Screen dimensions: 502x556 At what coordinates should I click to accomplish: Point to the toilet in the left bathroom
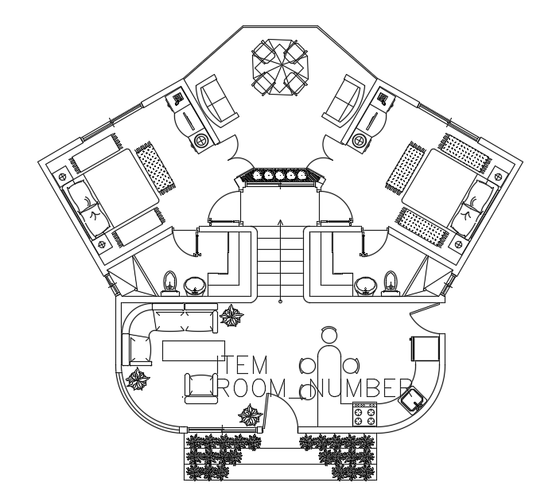coord(169,282)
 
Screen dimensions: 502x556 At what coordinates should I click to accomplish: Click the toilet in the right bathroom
coord(389,282)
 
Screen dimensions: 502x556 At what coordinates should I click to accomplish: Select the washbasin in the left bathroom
coord(195,285)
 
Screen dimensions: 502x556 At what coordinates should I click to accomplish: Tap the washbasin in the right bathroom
coord(365,285)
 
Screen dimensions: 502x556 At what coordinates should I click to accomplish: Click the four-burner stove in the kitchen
coord(365,414)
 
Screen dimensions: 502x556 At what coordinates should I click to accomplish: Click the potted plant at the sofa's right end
coord(233,317)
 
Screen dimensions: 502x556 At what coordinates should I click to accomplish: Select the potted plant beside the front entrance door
coord(251,414)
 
